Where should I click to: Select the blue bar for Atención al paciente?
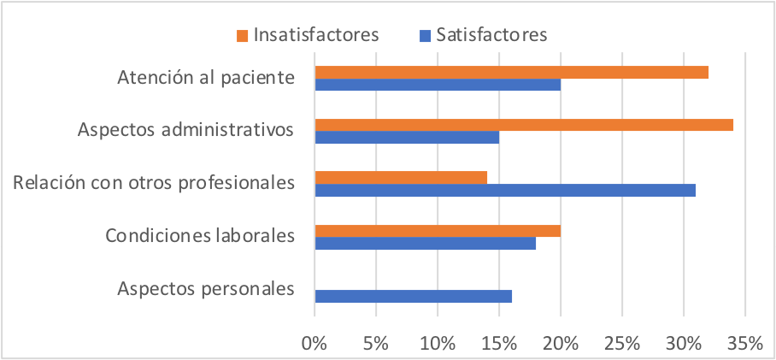(x=438, y=85)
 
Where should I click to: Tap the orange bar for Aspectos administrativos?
(x=524, y=125)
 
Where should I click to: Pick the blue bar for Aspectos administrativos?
(x=407, y=137)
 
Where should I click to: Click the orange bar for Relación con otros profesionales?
(x=401, y=178)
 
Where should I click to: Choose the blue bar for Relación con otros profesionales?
(x=505, y=190)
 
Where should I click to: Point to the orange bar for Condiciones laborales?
(x=438, y=231)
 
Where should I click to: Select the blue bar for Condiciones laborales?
(x=426, y=243)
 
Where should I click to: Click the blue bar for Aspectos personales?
(x=413, y=296)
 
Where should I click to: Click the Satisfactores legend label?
(x=491, y=35)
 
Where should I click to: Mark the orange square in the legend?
(x=243, y=36)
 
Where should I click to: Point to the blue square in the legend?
(x=424, y=36)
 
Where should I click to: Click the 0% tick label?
(x=315, y=344)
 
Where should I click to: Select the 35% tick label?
(x=744, y=344)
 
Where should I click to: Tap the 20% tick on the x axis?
(x=561, y=344)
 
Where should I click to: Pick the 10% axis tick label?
(x=438, y=344)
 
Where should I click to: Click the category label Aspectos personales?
(x=206, y=288)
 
